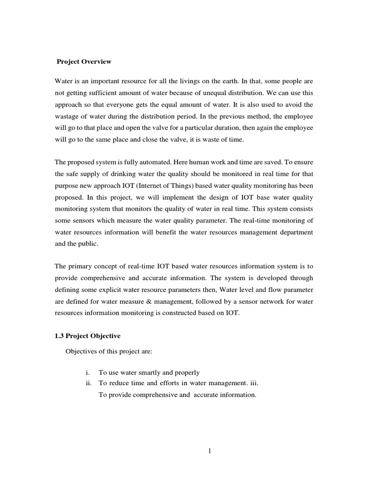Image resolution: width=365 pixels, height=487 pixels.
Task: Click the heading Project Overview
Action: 84,61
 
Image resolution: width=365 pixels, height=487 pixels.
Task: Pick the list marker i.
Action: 87,372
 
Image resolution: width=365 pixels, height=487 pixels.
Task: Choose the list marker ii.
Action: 86,383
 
